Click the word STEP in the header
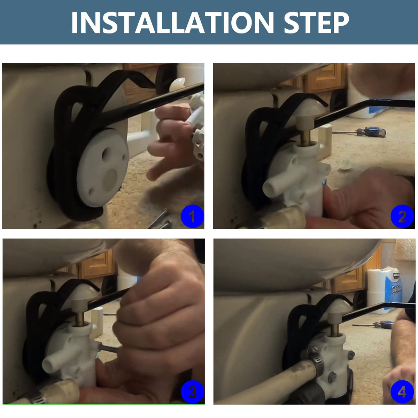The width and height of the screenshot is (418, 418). (317, 22)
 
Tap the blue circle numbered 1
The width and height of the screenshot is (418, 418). (192, 216)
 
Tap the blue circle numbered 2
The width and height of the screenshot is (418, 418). (402, 216)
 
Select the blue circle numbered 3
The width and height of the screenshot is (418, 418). (192, 392)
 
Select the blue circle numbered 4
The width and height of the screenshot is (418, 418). (402, 392)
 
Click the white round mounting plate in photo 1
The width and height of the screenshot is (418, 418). (102, 168)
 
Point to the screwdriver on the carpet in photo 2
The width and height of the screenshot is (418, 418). (359, 132)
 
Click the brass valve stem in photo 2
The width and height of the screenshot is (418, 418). (305, 136)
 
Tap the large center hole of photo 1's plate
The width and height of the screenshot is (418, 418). (109, 180)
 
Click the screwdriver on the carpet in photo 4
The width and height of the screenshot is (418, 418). (373, 325)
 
